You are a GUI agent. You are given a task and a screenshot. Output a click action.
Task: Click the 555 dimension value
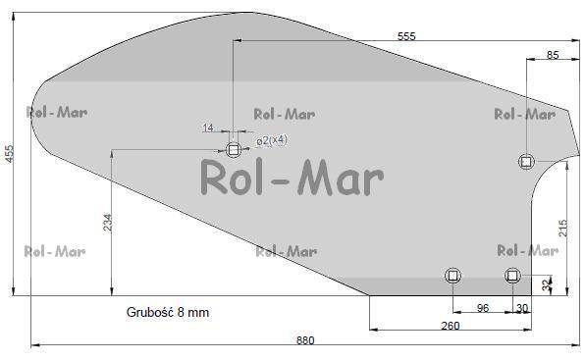coord(406,36)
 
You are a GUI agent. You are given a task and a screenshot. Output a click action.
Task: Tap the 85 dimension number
coord(553,55)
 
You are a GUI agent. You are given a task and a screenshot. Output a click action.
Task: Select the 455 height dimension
coord(9,154)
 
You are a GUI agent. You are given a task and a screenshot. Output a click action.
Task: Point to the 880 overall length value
coord(305,340)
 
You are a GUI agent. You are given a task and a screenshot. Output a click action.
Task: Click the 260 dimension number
coord(451,326)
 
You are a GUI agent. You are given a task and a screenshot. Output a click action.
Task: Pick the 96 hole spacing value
coord(483,308)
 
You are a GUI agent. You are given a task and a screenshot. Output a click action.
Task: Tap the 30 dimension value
coord(522,308)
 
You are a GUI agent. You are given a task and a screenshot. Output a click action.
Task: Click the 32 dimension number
coord(547,285)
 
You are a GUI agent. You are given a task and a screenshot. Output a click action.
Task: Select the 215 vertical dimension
coord(562,229)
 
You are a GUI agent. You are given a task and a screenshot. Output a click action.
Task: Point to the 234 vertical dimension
coord(107,222)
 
